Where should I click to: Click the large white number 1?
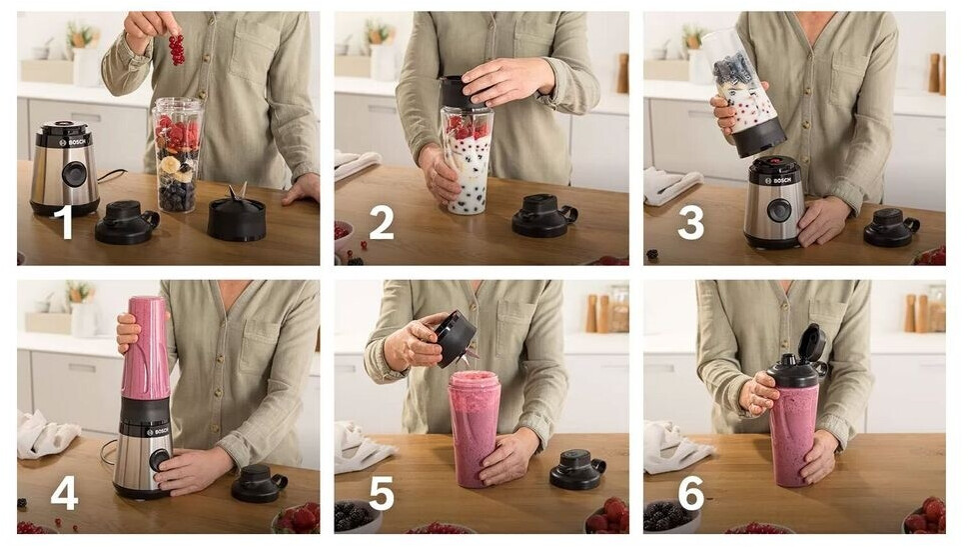(x=66, y=222)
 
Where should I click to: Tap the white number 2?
(x=382, y=223)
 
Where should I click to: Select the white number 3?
(x=690, y=223)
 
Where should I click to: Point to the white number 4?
(x=64, y=493)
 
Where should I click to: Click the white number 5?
(x=382, y=493)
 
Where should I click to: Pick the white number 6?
(x=691, y=493)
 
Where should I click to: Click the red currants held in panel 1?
(x=177, y=49)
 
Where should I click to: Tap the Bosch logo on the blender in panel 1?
(x=75, y=142)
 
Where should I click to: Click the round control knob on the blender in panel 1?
(x=74, y=174)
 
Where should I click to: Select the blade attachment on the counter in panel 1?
(x=237, y=212)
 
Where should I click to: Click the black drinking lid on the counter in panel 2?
(x=543, y=215)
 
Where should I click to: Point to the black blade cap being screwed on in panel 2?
(x=462, y=93)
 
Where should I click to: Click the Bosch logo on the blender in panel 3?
(x=778, y=180)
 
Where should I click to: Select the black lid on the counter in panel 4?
(x=259, y=483)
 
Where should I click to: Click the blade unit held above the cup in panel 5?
(x=456, y=339)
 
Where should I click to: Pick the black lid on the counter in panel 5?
(x=577, y=469)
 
